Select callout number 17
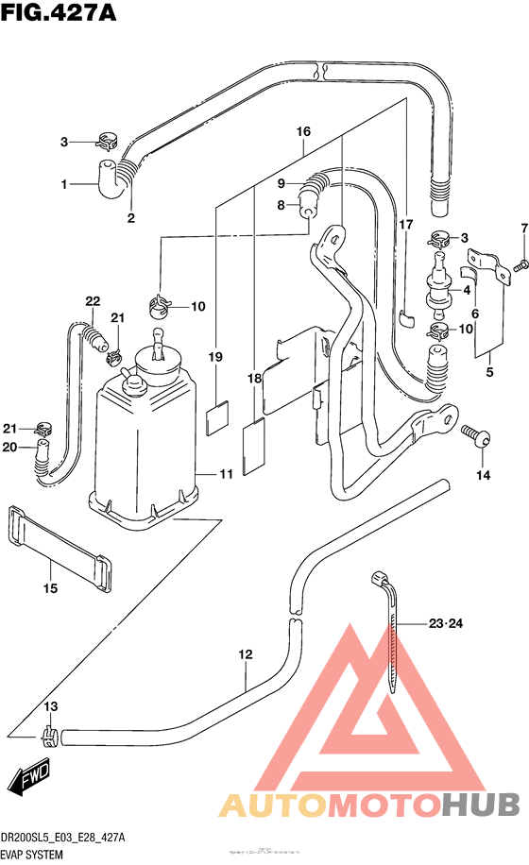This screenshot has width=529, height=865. (x=405, y=225)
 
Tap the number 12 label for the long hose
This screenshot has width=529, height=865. (x=246, y=653)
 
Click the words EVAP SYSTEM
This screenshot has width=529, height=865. (x=33, y=852)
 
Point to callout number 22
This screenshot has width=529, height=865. (x=92, y=301)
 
